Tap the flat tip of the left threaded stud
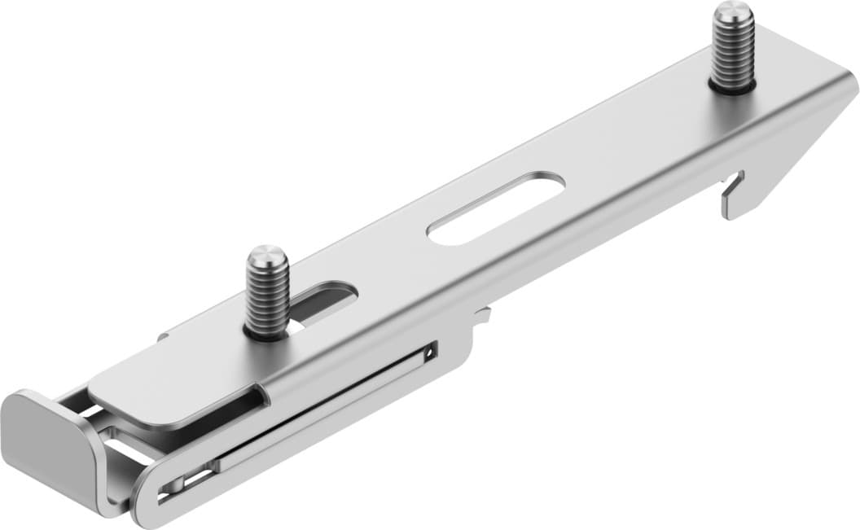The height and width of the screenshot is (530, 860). click(x=266, y=256)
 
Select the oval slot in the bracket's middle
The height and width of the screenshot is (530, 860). click(x=496, y=208)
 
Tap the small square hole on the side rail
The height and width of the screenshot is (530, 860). click(x=429, y=353)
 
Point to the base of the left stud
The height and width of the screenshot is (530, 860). click(x=267, y=332)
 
